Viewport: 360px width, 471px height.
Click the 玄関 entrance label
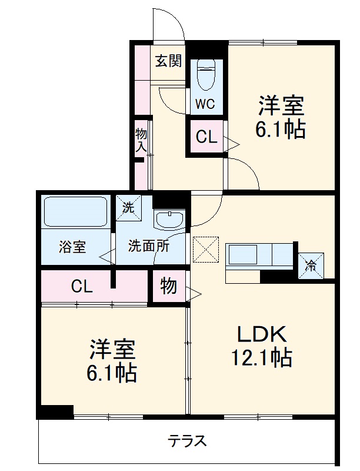(x=168, y=61)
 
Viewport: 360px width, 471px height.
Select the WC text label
(x=205, y=105)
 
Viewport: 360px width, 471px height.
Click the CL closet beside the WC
(x=206, y=138)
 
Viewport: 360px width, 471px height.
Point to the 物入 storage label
(x=141, y=140)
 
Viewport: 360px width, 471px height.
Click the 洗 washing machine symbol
(x=128, y=207)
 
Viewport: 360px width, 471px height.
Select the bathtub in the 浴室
(x=75, y=212)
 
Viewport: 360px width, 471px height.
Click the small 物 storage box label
(x=168, y=287)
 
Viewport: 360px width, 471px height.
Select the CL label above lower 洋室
(x=82, y=287)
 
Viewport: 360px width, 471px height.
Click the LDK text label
(x=262, y=334)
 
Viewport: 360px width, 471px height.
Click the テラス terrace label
(x=187, y=441)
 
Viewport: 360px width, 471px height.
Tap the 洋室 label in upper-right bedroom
(x=280, y=106)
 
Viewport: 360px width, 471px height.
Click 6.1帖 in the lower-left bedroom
(x=113, y=372)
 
